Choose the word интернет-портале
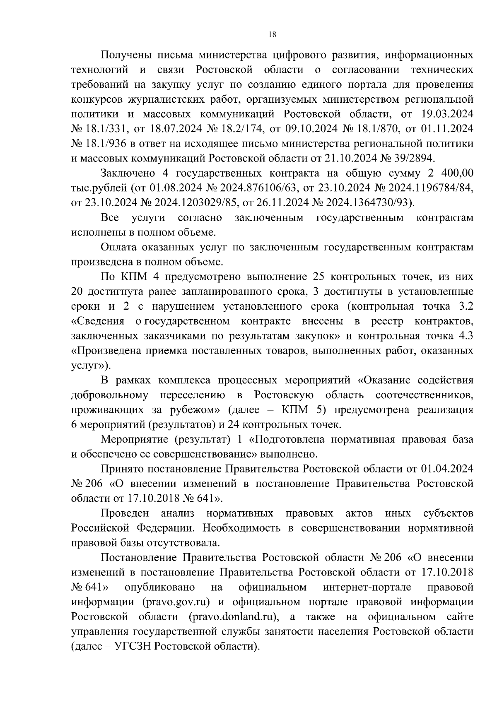tap(367, 587)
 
